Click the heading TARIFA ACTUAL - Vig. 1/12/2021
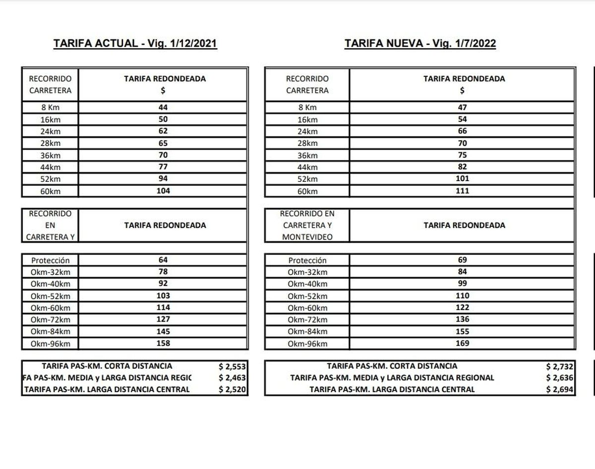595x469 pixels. [x=135, y=44]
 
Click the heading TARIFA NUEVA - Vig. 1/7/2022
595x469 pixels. [x=420, y=44]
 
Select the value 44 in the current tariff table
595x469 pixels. [x=163, y=107]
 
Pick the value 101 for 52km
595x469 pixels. [x=462, y=179]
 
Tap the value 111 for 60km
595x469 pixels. [x=462, y=191]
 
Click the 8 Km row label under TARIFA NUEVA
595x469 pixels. [x=307, y=108]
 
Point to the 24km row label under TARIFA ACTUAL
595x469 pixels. [x=50, y=132]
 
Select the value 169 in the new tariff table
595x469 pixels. [x=462, y=343]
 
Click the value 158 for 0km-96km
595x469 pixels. [x=163, y=343]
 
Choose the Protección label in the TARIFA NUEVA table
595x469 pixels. [x=307, y=261]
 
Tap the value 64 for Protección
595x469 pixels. [x=163, y=260]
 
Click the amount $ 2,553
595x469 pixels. [x=232, y=367]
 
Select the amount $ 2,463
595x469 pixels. [x=232, y=378]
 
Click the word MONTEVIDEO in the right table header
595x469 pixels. [x=307, y=237]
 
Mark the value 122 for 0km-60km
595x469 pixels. [x=462, y=308]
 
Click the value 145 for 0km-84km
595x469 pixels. [x=163, y=332]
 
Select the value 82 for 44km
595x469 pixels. [x=462, y=167]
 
